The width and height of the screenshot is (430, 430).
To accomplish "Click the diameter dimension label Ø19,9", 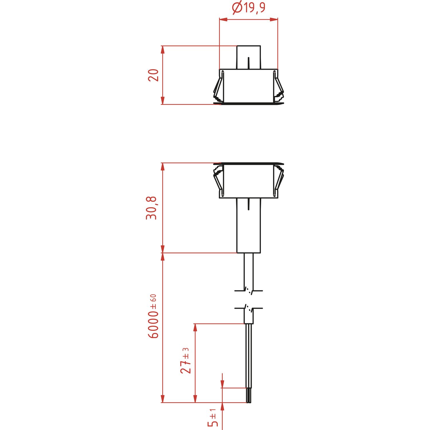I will click(249, 8).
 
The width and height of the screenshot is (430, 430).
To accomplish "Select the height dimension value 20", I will click(153, 75).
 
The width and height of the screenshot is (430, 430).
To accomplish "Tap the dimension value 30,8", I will click(151, 208).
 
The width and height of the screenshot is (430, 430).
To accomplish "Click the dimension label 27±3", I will click(185, 361).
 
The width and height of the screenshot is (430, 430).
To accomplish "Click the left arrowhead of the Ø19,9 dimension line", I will click(223, 19).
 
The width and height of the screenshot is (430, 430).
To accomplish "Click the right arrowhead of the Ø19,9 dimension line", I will click(274, 19).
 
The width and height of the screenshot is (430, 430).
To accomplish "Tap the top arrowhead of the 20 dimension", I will click(163, 50).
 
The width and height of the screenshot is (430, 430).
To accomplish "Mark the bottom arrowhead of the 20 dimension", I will click(163, 101).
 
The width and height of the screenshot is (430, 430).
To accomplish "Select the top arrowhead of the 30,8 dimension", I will click(163, 167).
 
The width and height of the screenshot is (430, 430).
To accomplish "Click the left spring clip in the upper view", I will click(218, 87).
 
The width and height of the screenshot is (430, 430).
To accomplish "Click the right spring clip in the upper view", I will click(278, 87).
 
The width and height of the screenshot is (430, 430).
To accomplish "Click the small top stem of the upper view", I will click(249, 57).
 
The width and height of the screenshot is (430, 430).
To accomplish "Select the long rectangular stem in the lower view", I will click(249, 226).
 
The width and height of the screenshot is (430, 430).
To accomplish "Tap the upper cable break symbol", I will click(249, 291).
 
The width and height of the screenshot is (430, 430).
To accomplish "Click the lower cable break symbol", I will click(249, 308).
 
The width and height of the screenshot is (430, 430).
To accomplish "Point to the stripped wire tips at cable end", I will click(249, 396).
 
